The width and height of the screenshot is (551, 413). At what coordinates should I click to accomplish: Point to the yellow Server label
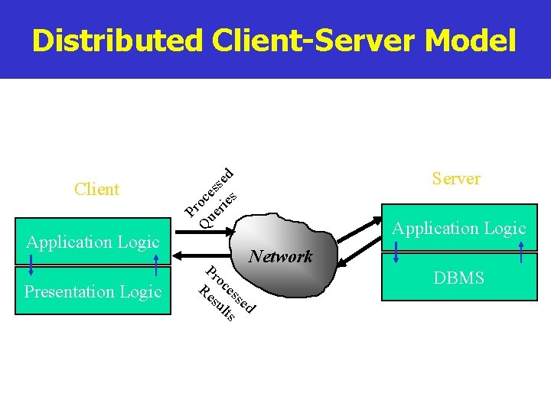[456, 179]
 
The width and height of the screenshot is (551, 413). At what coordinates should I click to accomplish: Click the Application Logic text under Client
[93, 242]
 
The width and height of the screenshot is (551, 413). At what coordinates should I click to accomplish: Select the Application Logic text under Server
[458, 228]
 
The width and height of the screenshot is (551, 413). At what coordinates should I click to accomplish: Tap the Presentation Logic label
[93, 292]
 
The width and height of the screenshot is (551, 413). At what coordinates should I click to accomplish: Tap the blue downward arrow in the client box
[31, 264]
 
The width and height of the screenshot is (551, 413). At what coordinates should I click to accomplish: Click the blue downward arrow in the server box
[396, 252]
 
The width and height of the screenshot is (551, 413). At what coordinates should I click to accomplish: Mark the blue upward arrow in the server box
[521, 252]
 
